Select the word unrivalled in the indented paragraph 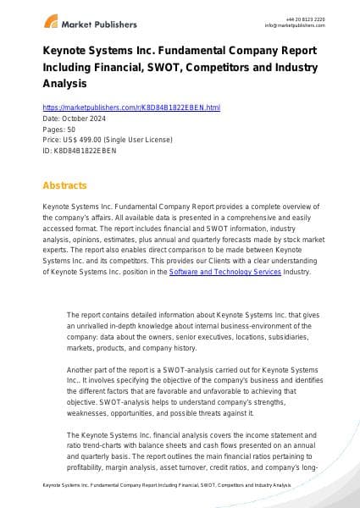(x=92, y=325)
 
